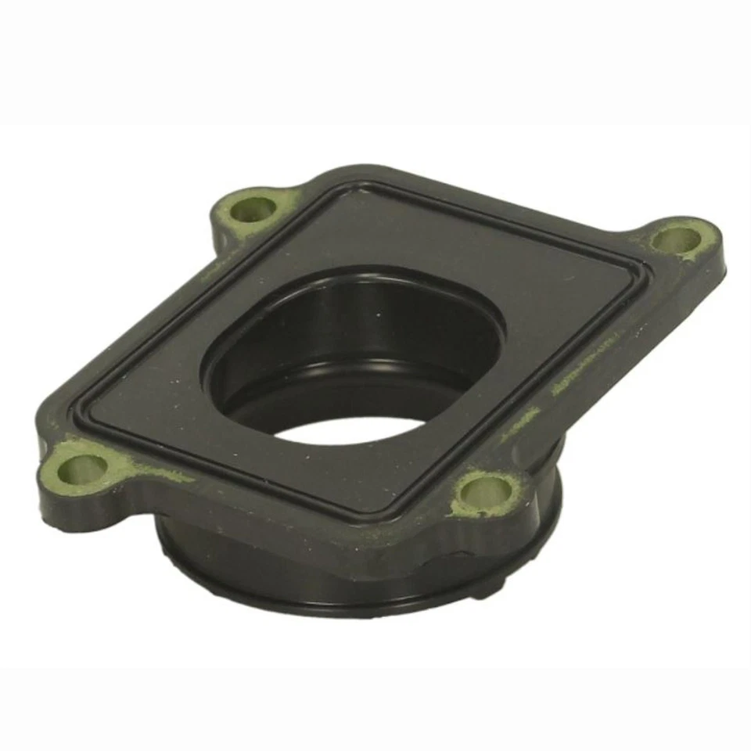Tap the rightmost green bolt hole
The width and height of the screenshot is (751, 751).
click(677, 239)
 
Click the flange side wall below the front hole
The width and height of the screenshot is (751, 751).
click(477, 540)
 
